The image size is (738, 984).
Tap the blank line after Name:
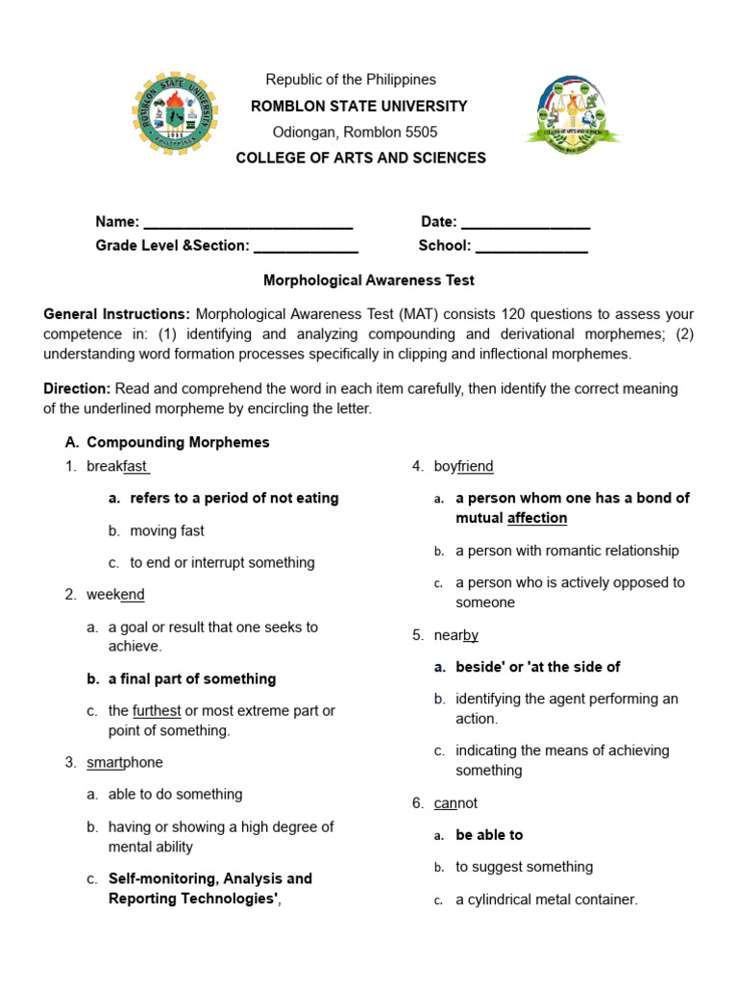(x=248, y=223)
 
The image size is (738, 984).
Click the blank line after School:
(x=531, y=247)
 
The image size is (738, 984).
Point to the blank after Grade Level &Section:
(x=305, y=247)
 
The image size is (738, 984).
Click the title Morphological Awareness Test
(x=369, y=281)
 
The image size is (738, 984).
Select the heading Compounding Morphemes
(x=178, y=442)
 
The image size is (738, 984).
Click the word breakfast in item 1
(x=117, y=466)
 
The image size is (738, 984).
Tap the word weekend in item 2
(x=115, y=595)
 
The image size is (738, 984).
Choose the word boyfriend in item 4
(x=463, y=466)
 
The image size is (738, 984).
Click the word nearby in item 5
(x=456, y=634)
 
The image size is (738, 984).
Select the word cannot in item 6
(x=455, y=802)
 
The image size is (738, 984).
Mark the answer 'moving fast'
(x=167, y=530)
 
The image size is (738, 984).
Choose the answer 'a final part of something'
(x=192, y=678)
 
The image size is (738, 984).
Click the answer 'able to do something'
(x=175, y=794)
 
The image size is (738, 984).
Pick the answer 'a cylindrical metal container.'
(x=546, y=899)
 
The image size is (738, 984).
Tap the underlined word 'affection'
(x=537, y=518)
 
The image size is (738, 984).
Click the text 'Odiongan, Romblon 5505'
(x=356, y=132)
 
